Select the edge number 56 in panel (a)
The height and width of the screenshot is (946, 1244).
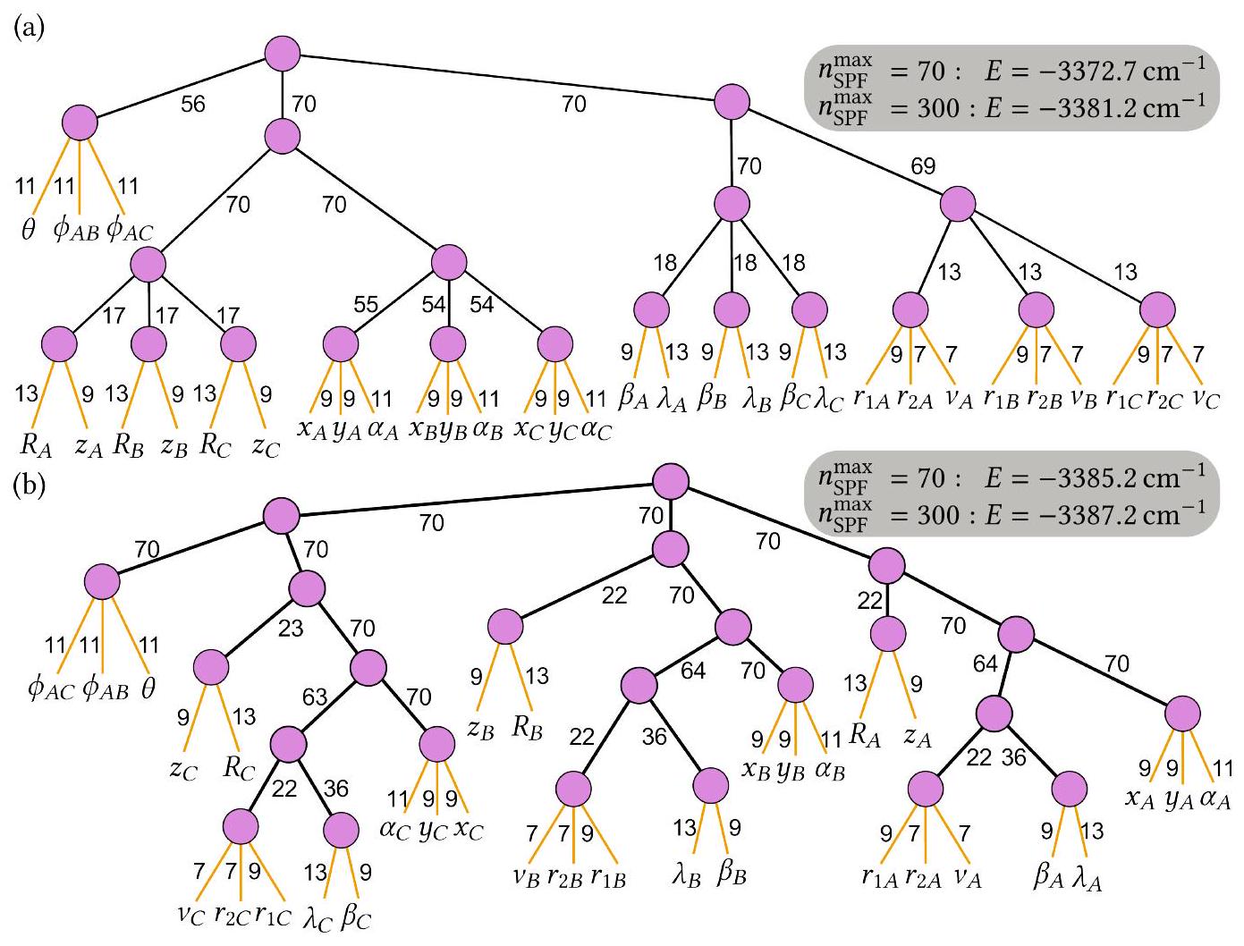(x=192, y=105)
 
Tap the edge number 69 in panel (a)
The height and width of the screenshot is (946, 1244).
(x=922, y=166)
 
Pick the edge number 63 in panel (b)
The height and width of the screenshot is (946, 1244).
(x=314, y=697)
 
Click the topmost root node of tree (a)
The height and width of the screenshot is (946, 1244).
(x=283, y=51)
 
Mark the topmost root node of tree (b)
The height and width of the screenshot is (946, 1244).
(x=670, y=482)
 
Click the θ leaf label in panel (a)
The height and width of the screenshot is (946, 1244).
(x=28, y=230)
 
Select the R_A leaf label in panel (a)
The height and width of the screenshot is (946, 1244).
(x=37, y=444)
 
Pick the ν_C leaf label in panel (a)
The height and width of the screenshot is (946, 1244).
(x=1205, y=399)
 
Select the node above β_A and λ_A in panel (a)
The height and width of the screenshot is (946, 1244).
(x=651, y=310)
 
